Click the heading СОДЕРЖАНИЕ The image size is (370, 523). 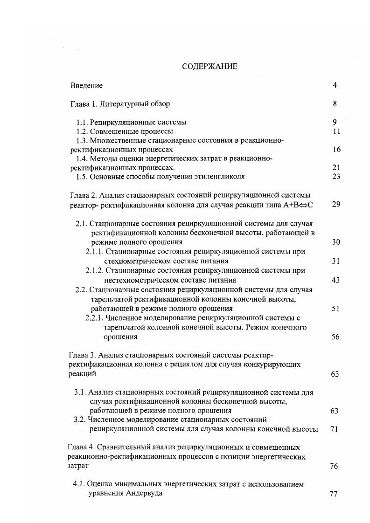tap(209, 67)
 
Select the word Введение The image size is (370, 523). tap(87, 86)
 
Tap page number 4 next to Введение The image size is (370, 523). tap(335, 85)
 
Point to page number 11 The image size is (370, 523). tap(336, 131)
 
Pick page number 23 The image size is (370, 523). tap(336, 177)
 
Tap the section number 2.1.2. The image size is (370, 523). tap(94, 270)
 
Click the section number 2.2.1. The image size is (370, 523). tap(94, 318)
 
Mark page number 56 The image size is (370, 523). tap(335, 337)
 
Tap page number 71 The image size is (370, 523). tap(334, 429)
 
